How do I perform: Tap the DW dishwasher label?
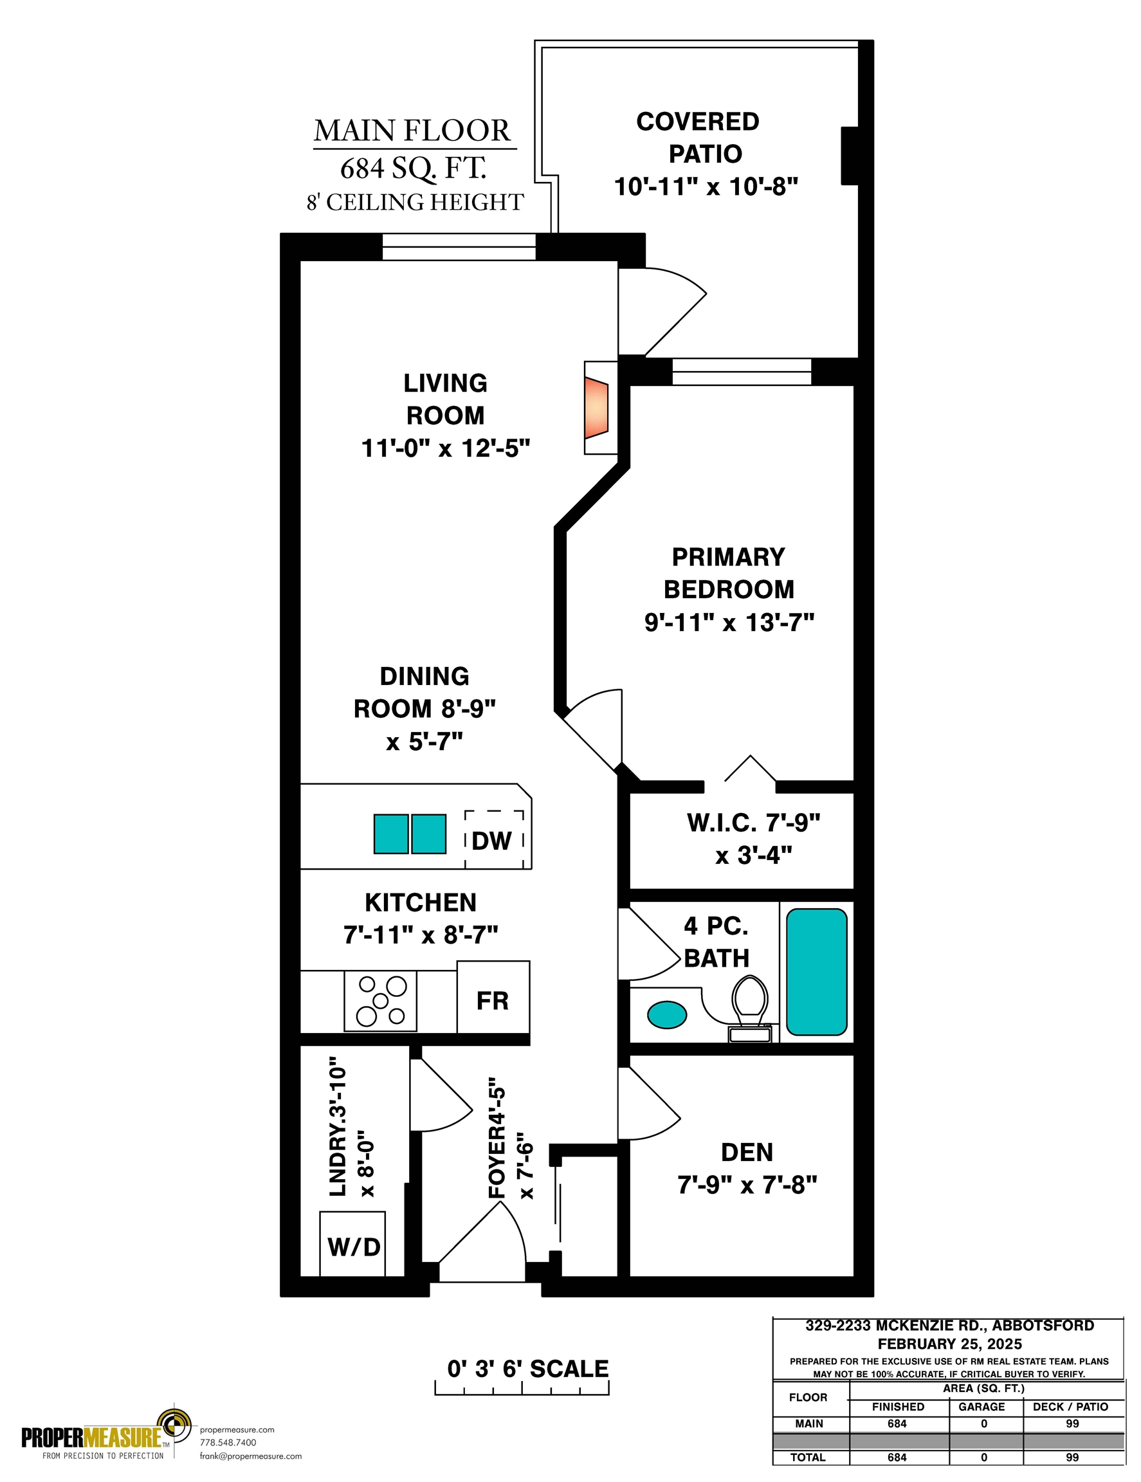pyautogui.click(x=491, y=841)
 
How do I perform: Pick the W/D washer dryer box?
pyautogui.click(x=352, y=1244)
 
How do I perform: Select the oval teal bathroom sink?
pyautogui.click(x=667, y=1015)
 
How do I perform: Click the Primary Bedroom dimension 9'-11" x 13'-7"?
pyautogui.click(x=729, y=622)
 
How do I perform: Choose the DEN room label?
pyautogui.click(x=747, y=1152)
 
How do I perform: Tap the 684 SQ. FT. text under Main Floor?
pyautogui.click(x=413, y=169)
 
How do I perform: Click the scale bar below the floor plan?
pyautogui.click(x=522, y=1388)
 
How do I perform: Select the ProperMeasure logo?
pyautogui.click(x=107, y=1433)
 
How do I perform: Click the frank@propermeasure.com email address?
pyautogui.click(x=250, y=1456)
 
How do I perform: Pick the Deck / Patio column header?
pyautogui.click(x=1070, y=1407)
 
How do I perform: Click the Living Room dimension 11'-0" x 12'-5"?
pyautogui.click(x=446, y=448)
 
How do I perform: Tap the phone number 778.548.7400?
pyautogui.click(x=228, y=1443)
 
